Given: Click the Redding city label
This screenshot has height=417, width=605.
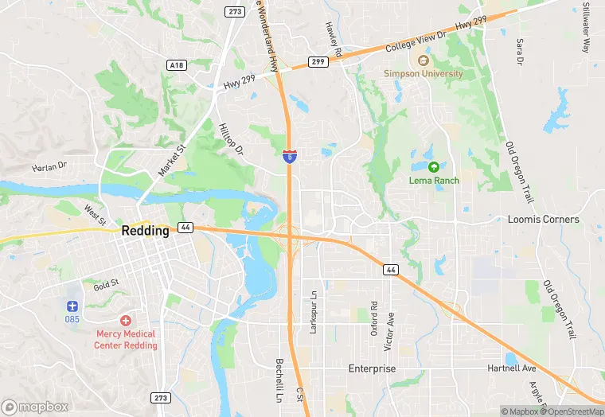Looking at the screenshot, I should click(x=146, y=231).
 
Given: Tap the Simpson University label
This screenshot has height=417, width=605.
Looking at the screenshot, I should click(x=423, y=73).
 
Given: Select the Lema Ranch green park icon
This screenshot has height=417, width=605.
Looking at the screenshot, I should click(x=434, y=167).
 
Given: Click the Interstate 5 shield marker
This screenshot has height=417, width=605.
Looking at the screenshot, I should click(x=290, y=154).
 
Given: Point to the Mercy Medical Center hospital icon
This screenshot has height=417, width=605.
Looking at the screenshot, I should click(x=125, y=319).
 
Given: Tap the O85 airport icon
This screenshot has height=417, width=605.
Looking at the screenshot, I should click(x=72, y=306).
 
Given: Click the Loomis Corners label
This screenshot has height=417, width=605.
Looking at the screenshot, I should click(x=544, y=219).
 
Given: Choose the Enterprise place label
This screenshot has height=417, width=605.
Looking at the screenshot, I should click(x=372, y=369).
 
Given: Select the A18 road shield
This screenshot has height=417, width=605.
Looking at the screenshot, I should click(x=177, y=64).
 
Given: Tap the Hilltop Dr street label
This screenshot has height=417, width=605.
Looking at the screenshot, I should click(x=230, y=139).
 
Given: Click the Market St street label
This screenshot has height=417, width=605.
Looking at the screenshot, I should click(x=171, y=160).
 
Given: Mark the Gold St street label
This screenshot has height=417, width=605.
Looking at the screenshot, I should click(x=105, y=283).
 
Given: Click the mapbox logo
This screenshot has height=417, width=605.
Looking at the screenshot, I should click(x=35, y=407).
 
